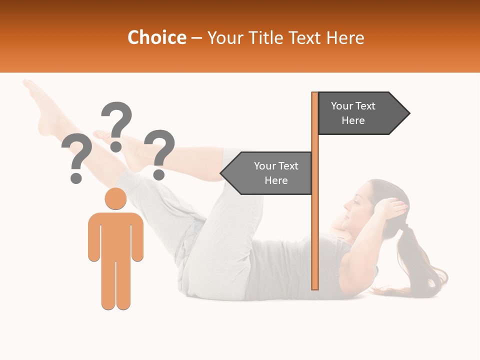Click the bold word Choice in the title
point(156,38)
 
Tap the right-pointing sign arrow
point(363,113)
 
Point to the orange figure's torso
point(115,235)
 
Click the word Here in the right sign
point(353,120)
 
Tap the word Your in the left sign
point(264,166)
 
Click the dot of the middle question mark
point(116,146)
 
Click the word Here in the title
point(345,38)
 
